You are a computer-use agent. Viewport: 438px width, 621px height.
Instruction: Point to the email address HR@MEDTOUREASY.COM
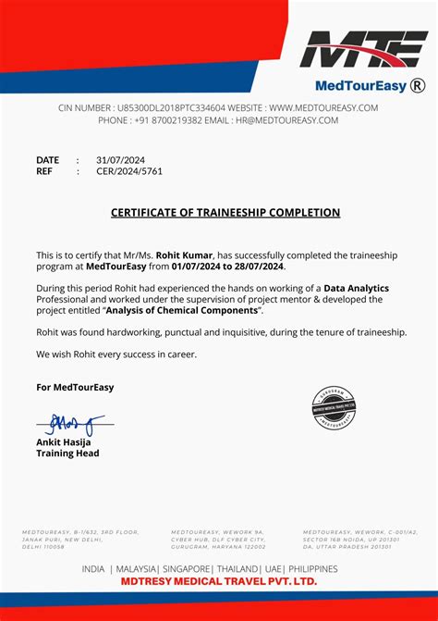pyautogui.click(x=287, y=120)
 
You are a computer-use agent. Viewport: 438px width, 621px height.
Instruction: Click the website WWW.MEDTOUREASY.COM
pyautogui.click(x=323, y=108)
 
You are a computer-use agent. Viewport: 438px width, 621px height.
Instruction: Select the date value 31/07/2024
pyautogui.click(x=120, y=160)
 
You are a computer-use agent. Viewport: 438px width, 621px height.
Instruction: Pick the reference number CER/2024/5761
pyautogui.click(x=128, y=171)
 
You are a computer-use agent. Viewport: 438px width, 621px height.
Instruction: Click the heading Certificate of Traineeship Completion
pyautogui.click(x=225, y=213)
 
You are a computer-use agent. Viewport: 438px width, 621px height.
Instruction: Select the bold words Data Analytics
pyautogui.click(x=356, y=289)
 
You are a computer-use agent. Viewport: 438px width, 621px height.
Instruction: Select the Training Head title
pyautogui.click(x=67, y=453)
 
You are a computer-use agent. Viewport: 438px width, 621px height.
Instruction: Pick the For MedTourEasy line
pyautogui.click(x=75, y=387)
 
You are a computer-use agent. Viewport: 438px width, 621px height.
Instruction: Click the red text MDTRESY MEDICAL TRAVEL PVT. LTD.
pyautogui.click(x=219, y=582)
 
